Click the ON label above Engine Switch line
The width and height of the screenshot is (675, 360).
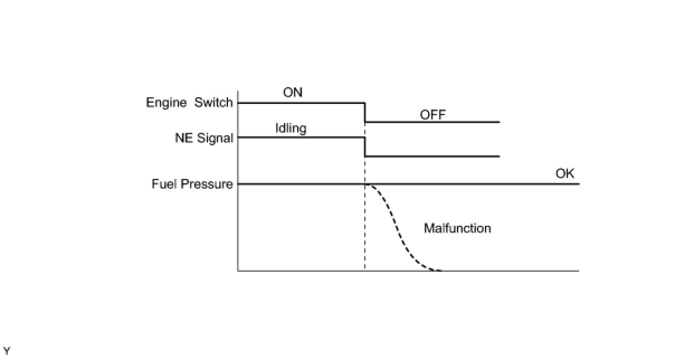tap(293, 92)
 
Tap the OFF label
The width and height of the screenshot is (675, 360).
tap(433, 115)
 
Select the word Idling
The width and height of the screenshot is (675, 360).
tap(291, 128)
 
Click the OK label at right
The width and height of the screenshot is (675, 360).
tap(564, 173)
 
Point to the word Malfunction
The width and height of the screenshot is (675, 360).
tap(457, 228)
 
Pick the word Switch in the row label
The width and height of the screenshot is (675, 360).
tap(213, 102)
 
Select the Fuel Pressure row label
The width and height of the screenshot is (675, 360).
tap(192, 184)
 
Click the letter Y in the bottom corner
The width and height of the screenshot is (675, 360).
tap(7, 350)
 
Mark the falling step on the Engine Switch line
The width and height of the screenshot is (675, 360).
tap(365, 112)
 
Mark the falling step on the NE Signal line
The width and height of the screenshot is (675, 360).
tap(365, 147)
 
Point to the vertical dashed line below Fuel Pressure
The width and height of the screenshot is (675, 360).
tap(365, 235)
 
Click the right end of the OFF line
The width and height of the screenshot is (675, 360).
tap(498, 122)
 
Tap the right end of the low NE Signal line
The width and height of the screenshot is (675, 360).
tap(498, 157)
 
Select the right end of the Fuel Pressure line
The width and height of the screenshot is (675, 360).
tap(578, 184)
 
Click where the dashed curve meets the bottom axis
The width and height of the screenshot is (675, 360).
tap(439, 271)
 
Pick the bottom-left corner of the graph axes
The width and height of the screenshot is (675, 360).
tap(238, 271)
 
